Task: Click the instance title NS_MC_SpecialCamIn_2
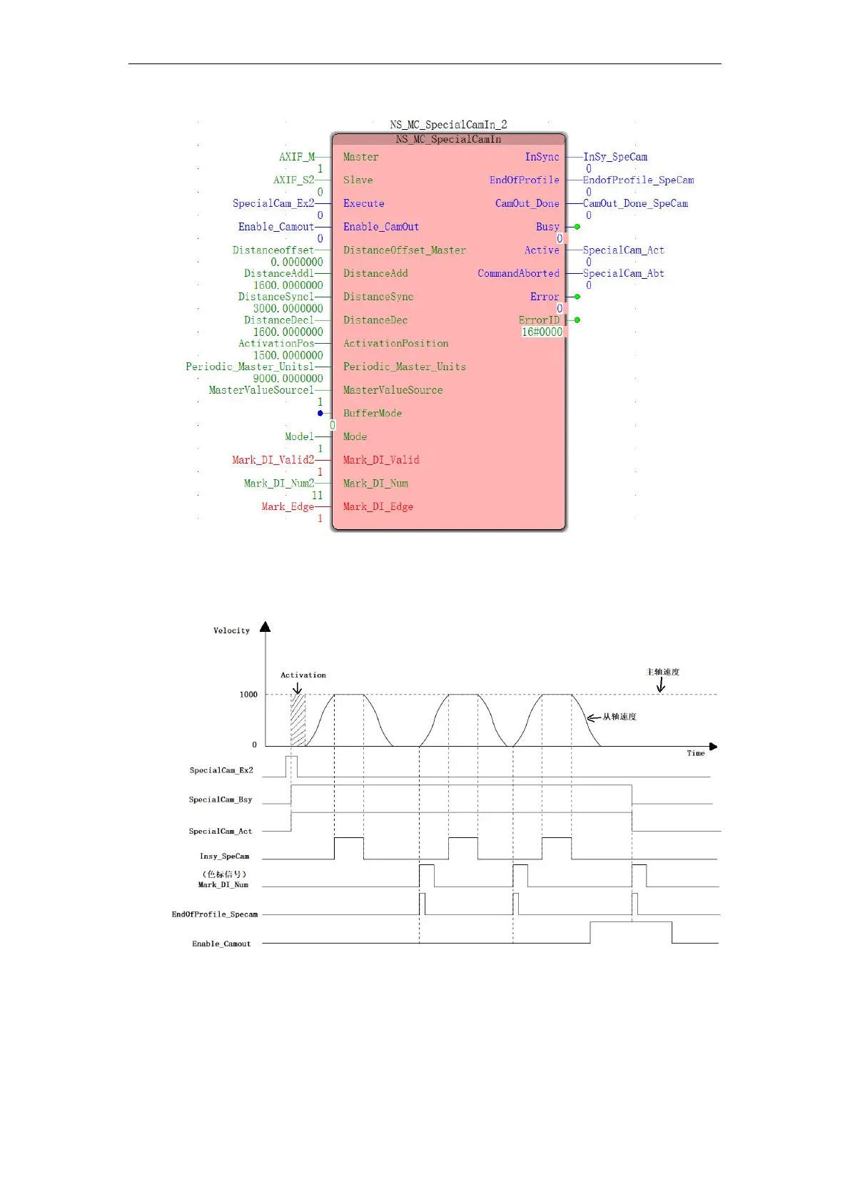[448, 125]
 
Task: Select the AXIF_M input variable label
[296, 157]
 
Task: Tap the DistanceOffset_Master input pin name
[404, 250]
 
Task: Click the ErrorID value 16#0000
[542, 332]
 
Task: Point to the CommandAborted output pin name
[518, 273]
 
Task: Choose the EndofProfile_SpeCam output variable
[638, 180]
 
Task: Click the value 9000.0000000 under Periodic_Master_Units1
[288, 379]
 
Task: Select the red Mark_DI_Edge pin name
[378, 506]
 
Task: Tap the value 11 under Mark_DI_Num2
[317, 495]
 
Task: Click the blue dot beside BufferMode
[320, 413]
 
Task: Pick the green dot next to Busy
[577, 227]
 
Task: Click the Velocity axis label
[231, 630]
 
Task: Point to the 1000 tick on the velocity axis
[248, 694]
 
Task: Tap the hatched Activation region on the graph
[298, 720]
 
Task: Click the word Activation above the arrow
[303, 675]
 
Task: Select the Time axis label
[695, 753]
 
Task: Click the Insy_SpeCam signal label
[224, 856]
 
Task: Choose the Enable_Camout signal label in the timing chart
[221, 944]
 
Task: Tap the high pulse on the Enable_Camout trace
[630, 923]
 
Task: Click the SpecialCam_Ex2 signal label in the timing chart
[221, 770]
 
